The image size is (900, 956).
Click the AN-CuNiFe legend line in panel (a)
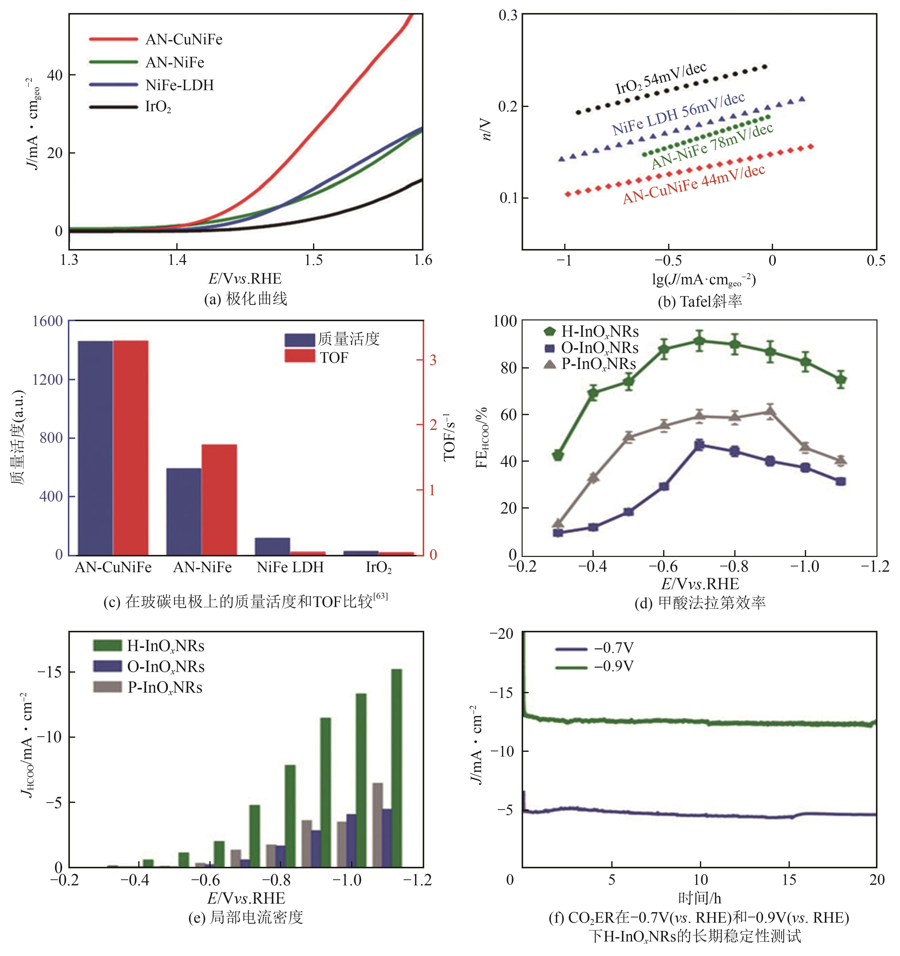[x=113, y=39]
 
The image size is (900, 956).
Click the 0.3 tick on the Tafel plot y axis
[x=508, y=15]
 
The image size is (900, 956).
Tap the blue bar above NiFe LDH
[x=272, y=546]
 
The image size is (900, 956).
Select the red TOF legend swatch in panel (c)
[x=299, y=356]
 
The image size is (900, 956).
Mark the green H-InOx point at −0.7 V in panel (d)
[x=699, y=341]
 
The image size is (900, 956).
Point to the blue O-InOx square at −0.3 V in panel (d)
[x=558, y=532]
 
